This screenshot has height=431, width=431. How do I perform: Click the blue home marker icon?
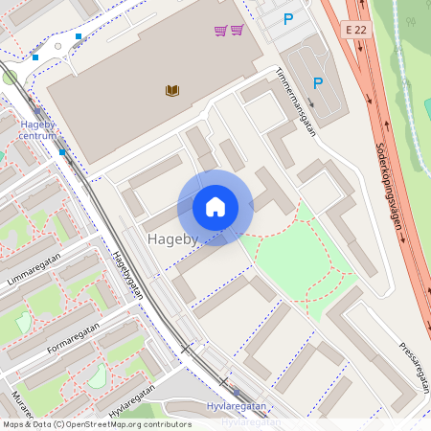tap(215, 207)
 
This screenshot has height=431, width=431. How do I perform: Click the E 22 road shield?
tap(356, 31)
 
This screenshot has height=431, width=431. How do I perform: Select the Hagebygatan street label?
tap(125, 275)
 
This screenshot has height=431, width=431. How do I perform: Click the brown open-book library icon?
tap(172, 91)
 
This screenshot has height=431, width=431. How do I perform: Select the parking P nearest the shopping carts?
tap(288, 18)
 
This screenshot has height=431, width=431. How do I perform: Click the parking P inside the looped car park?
tap(318, 83)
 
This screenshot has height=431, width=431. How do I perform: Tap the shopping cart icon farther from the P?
tap(220, 31)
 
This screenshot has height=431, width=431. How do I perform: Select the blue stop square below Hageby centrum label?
tap(61, 151)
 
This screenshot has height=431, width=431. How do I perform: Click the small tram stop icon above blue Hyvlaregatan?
tap(236, 392)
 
